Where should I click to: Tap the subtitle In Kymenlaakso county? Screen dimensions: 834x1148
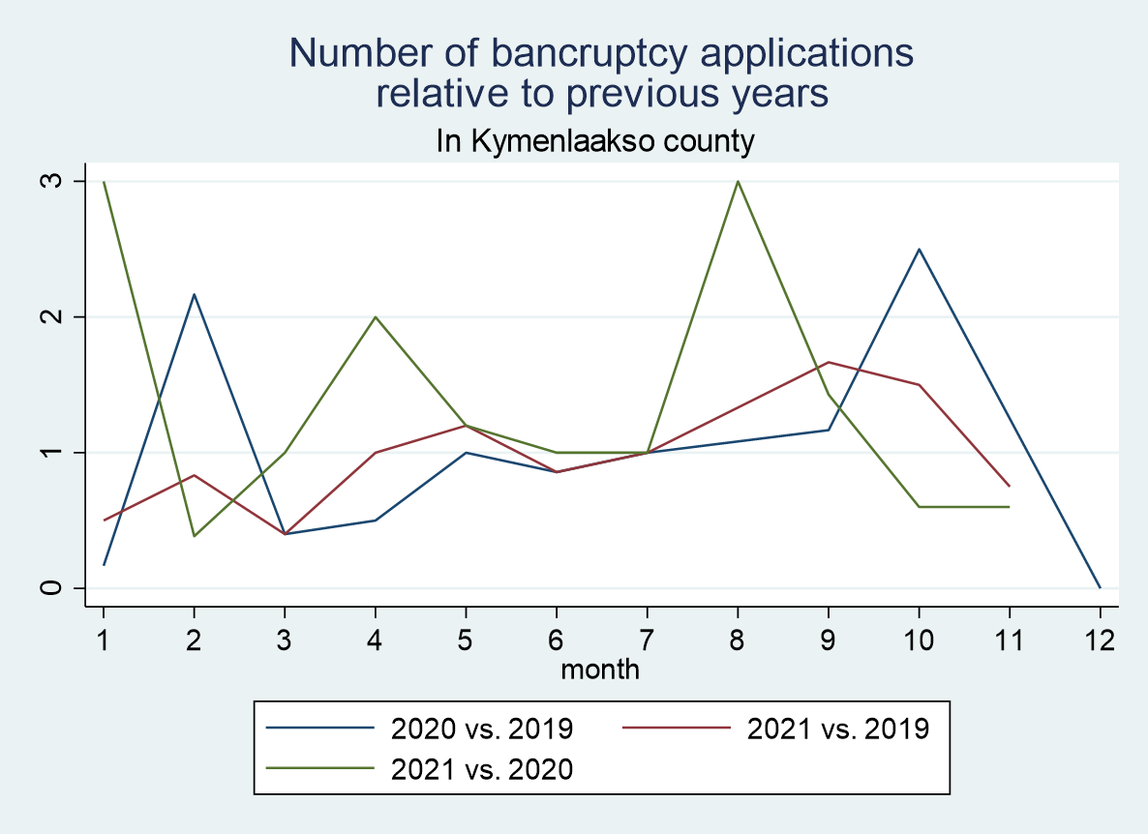click(x=595, y=142)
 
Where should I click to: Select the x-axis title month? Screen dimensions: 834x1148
click(x=600, y=669)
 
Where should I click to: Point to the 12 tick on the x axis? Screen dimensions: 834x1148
click(x=1100, y=640)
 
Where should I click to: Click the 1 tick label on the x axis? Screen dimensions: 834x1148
click(x=104, y=640)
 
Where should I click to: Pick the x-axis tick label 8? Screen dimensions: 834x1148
click(x=738, y=640)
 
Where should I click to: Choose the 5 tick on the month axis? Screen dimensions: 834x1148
click(x=466, y=640)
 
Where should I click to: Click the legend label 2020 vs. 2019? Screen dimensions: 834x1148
click(x=482, y=728)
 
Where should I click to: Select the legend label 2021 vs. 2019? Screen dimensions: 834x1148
click(x=838, y=728)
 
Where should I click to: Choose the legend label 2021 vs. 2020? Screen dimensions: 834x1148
click(x=482, y=769)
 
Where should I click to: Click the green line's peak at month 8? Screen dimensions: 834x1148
click(x=738, y=181)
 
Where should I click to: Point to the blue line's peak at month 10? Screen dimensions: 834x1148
click(x=919, y=249)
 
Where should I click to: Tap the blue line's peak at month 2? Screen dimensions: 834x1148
click(x=195, y=294)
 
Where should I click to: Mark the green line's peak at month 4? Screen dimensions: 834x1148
click(x=376, y=316)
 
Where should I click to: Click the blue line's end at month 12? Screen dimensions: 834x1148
click(x=1100, y=587)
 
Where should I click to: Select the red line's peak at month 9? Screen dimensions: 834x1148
click(x=829, y=362)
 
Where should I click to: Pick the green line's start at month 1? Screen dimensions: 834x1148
click(x=104, y=181)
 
